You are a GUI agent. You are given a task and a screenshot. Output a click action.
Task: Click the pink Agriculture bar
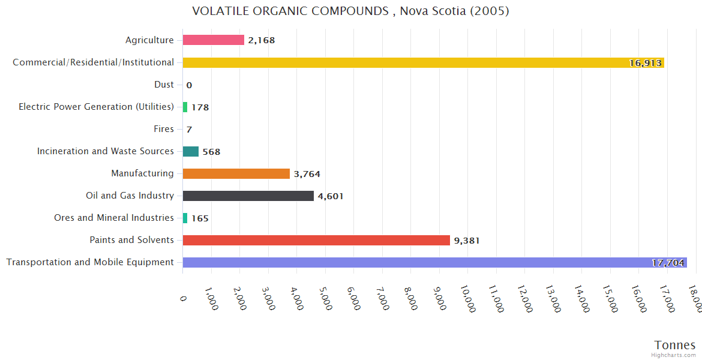point(213,40)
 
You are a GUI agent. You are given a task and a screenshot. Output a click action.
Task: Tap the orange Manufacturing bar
point(236,174)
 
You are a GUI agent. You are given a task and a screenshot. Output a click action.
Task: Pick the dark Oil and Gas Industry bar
point(248,196)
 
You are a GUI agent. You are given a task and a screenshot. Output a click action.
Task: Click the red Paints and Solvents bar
point(316,240)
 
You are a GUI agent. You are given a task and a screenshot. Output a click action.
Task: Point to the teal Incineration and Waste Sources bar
point(190,152)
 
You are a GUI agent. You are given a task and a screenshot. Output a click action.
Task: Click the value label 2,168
point(261,41)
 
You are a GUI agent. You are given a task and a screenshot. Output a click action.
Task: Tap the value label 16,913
point(645,63)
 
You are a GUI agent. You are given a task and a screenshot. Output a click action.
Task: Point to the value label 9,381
point(467,241)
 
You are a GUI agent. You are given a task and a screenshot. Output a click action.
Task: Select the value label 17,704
point(668,263)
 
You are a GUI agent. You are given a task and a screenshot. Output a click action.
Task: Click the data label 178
point(200,107)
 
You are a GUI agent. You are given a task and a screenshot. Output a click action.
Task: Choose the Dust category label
point(164,85)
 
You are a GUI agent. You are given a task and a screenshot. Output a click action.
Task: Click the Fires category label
point(164,129)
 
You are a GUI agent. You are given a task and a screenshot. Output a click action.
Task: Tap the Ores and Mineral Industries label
point(114,218)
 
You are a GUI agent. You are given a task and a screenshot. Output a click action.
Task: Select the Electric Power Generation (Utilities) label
point(96,107)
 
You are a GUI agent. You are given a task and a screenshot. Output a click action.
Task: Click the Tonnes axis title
point(675,345)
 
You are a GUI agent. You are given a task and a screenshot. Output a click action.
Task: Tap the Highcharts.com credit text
point(674,355)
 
